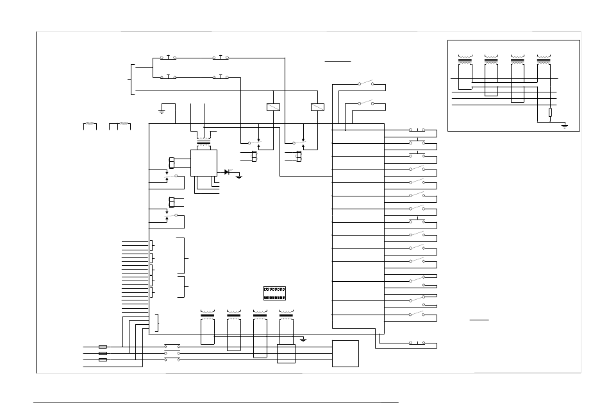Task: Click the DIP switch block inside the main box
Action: [274, 293]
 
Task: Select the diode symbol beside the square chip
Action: [228, 171]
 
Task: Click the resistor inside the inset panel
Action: [550, 114]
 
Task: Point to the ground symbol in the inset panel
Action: [565, 126]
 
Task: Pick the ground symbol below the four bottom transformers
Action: [303, 338]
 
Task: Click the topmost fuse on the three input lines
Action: [103, 347]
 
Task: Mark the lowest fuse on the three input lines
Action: [103, 360]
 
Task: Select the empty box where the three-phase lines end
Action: [346, 354]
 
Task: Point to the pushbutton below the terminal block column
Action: [417, 343]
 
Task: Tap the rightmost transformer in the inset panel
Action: [544, 61]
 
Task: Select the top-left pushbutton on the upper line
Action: [168, 58]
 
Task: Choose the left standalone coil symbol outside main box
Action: [90, 123]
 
